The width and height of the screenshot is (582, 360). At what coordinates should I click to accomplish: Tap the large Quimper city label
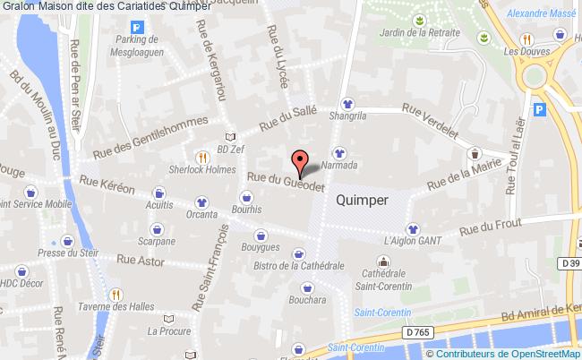pos(362,201)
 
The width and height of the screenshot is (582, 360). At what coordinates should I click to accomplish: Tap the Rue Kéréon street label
pos(107,184)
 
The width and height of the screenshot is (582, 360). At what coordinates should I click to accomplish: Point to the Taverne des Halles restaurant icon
pos(115,294)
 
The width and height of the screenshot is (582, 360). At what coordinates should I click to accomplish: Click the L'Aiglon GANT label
pos(412,241)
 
